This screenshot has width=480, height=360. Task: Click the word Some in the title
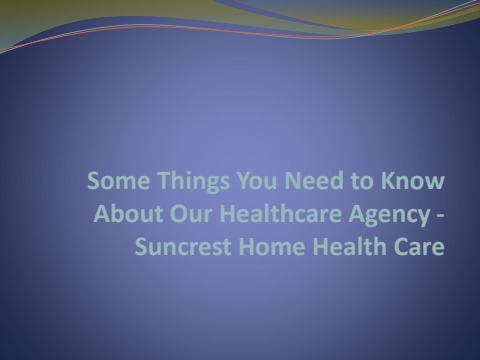click(x=112, y=183)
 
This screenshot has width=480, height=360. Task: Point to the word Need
click(x=283, y=183)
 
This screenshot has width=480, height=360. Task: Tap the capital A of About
click(x=100, y=214)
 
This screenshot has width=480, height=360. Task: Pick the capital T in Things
click(x=147, y=183)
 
